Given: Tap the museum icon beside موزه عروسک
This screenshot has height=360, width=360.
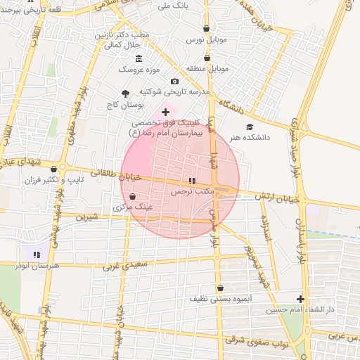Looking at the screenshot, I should tap(139, 58).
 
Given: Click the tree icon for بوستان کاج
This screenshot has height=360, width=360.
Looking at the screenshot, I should tap(126, 93).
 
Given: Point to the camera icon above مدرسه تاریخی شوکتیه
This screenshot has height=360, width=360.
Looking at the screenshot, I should tap(174, 82).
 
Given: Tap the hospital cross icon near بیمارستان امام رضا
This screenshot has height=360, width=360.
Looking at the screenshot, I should tap(166, 112).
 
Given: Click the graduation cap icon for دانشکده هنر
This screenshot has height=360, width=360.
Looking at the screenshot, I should tap(249, 127).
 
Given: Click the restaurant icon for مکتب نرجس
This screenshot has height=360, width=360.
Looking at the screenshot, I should tap(193, 181).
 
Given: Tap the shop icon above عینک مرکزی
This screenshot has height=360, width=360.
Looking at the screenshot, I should tap(133, 197).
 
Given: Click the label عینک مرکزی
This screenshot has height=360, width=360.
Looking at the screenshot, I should tap(129, 208).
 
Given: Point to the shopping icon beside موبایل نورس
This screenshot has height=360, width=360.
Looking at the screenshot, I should tap(206, 30).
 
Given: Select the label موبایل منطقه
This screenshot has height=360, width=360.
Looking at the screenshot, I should tap(209, 69).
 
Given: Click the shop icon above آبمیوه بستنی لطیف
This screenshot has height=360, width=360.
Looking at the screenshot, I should tap(221, 287).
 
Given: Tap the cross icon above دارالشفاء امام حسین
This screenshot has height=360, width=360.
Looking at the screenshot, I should tap(301, 299).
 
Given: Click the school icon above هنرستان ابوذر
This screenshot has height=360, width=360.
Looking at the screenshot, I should tap(36, 254).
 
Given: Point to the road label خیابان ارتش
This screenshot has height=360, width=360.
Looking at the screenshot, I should tap(281, 199).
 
